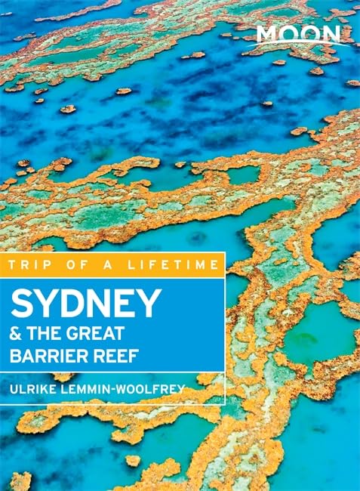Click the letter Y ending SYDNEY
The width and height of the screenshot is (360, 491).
[150, 303]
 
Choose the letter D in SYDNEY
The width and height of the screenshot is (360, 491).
[68, 303]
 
